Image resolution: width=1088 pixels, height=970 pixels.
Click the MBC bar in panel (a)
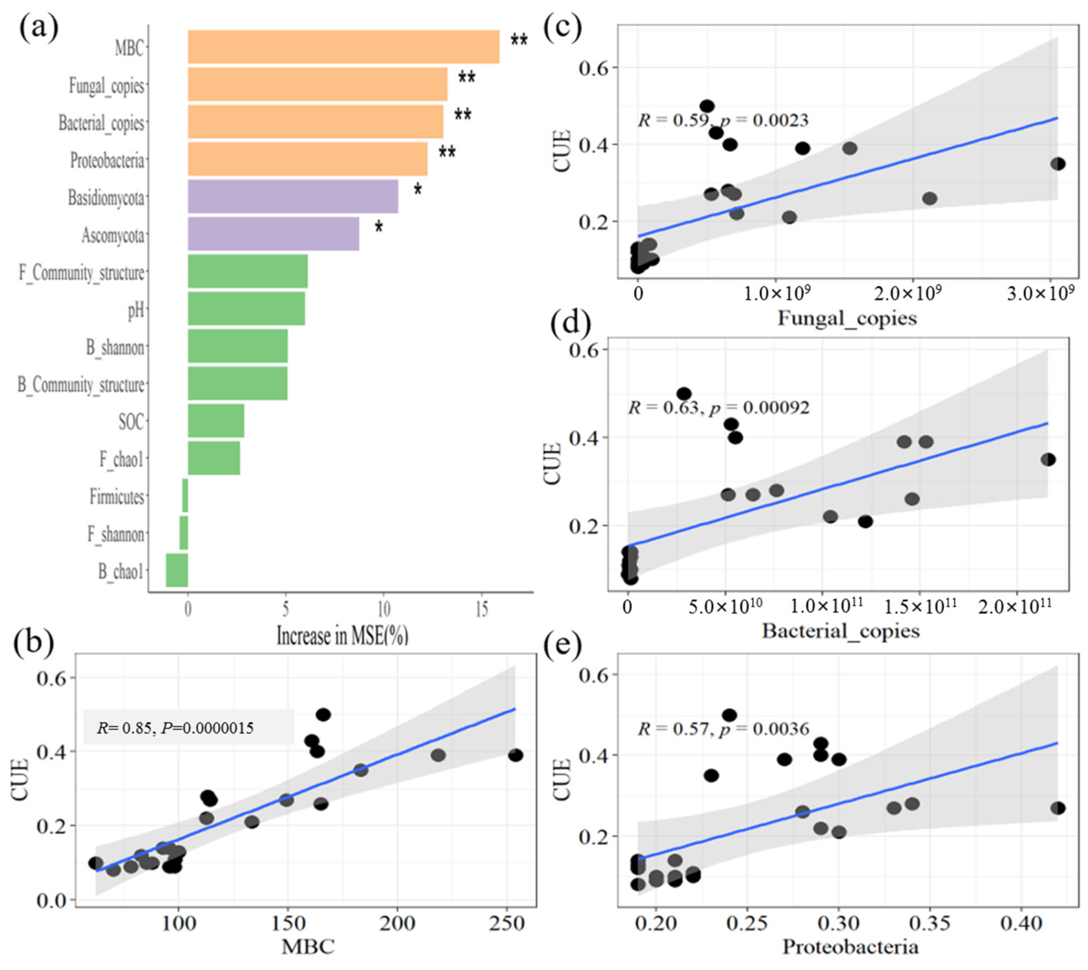point(343,47)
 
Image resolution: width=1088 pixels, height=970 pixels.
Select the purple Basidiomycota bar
point(293,196)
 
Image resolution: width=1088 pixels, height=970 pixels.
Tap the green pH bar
point(246,308)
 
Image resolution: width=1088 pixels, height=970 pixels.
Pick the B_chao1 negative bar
point(177,570)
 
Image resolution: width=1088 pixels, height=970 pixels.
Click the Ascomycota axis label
point(112,235)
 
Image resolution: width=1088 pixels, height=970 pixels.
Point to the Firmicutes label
point(117,497)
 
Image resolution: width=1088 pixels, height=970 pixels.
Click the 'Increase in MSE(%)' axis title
point(342,636)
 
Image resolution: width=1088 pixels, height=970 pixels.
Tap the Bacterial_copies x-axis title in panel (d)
point(841,631)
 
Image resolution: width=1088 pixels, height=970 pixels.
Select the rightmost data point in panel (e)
point(1058,808)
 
